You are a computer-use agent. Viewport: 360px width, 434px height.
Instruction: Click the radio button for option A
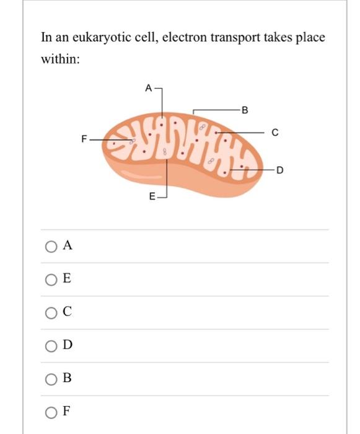pyautogui.click(x=50, y=246)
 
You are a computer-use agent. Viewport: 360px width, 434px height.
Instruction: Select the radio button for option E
pyautogui.click(x=50, y=279)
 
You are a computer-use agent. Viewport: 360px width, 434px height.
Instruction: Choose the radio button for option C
pyautogui.click(x=50, y=312)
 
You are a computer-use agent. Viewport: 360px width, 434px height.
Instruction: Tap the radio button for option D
pyautogui.click(x=50, y=345)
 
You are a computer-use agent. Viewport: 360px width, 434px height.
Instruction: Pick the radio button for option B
pyautogui.click(x=50, y=379)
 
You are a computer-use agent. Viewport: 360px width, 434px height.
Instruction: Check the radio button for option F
pyautogui.click(x=50, y=412)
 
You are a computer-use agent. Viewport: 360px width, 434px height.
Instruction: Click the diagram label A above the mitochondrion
pyautogui.click(x=148, y=88)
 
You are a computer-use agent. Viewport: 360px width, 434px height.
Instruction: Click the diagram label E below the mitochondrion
pyautogui.click(x=152, y=198)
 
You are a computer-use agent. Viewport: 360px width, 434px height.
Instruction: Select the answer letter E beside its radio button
pyautogui.click(x=67, y=279)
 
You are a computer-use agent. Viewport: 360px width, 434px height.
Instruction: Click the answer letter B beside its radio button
pyautogui.click(x=67, y=379)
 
